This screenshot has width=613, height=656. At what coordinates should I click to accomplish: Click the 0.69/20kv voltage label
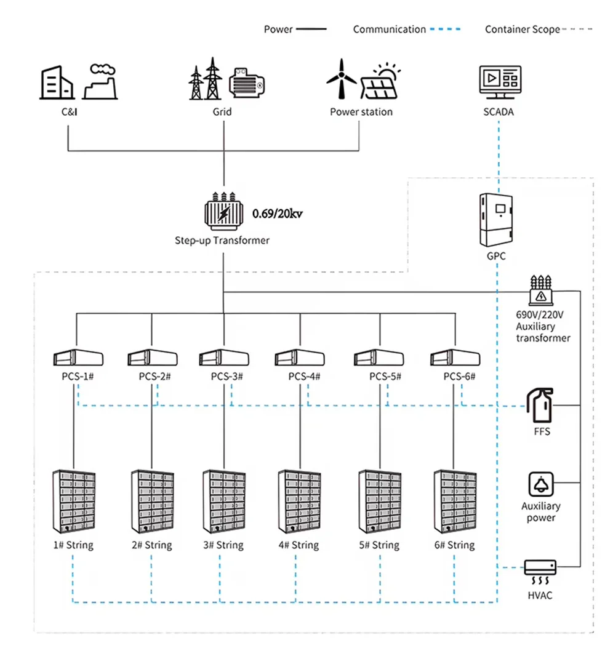278,214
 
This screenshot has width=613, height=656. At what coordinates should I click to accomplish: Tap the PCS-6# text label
459,377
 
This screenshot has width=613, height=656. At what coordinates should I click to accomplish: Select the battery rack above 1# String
73,502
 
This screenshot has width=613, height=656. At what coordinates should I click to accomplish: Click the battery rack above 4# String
299,502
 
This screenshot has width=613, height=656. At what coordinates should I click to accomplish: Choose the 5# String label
379,545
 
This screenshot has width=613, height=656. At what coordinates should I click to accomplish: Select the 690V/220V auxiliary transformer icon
541,290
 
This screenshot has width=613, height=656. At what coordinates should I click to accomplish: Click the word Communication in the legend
389,30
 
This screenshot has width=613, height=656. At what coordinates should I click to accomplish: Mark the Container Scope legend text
523,30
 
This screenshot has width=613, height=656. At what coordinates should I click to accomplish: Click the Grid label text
222,112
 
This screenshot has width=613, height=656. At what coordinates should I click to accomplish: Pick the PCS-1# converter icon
78,358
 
